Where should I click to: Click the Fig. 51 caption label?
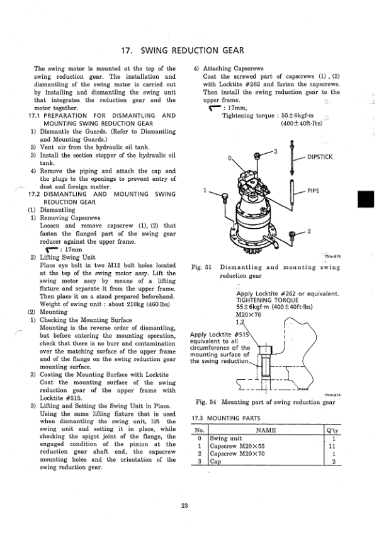(x=200, y=268)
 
